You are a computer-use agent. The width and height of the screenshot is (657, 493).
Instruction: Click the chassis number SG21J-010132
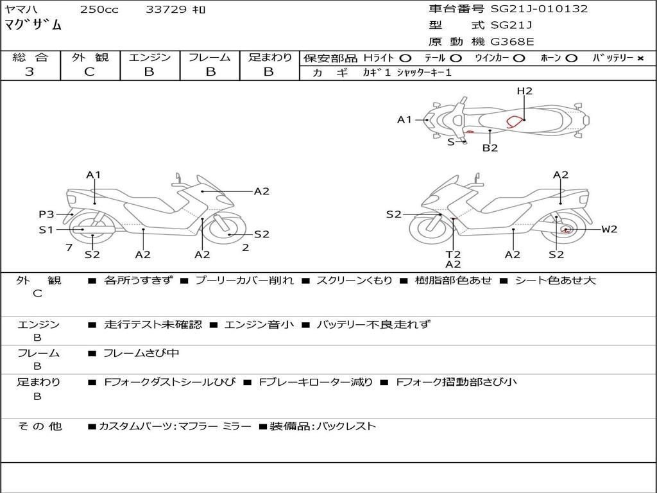(539, 9)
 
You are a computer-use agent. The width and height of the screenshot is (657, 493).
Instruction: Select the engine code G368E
(512, 42)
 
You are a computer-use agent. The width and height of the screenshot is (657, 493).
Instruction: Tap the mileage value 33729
(167, 10)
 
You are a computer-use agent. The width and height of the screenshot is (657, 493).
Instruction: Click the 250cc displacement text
(99, 10)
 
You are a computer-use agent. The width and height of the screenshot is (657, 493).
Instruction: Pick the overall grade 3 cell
(30, 72)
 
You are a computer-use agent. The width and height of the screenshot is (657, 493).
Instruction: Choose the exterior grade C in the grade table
(89, 72)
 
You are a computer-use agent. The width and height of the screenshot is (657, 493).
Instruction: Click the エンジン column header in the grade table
(149, 58)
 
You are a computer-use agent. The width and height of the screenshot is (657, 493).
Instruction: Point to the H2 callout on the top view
(524, 91)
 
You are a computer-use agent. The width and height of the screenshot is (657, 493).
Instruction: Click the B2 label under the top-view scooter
(490, 148)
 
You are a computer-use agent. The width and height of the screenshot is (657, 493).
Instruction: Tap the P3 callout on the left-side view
(46, 214)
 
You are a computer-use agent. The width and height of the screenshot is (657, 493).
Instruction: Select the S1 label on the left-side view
(46, 229)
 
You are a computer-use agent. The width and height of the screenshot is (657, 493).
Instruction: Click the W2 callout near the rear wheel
(609, 229)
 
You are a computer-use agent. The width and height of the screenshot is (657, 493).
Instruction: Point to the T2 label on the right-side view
(453, 254)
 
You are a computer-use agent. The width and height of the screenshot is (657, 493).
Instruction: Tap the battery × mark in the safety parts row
(640, 58)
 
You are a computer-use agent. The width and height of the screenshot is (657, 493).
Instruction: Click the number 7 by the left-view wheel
(68, 247)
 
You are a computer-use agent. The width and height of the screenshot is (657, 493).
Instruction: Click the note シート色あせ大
(556, 281)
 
